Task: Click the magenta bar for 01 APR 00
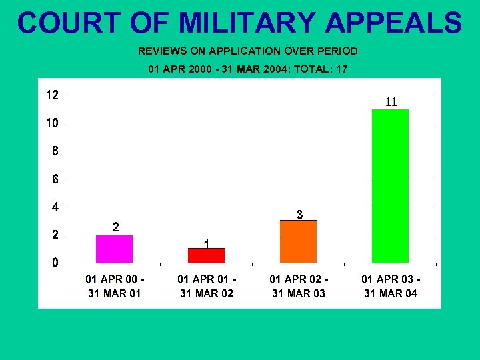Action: (x=115, y=249)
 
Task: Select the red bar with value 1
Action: (x=207, y=255)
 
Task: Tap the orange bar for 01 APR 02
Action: (x=299, y=241)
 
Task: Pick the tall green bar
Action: (x=391, y=185)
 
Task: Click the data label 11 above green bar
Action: (x=391, y=102)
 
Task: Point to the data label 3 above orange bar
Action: (x=300, y=215)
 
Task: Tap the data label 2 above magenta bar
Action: (x=115, y=227)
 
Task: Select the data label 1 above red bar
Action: (x=207, y=244)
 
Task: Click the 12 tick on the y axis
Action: (x=51, y=95)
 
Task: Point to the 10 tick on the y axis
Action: (x=51, y=123)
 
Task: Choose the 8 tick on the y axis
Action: (x=55, y=151)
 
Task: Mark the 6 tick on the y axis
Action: (x=55, y=179)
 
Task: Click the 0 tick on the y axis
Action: (x=55, y=263)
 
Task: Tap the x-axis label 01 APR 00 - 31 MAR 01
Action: (x=115, y=286)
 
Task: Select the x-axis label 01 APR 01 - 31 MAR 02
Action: (x=207, y=286)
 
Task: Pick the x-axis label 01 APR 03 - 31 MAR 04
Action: (x=391, y=286)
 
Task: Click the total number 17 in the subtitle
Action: (x=341, y=69)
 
